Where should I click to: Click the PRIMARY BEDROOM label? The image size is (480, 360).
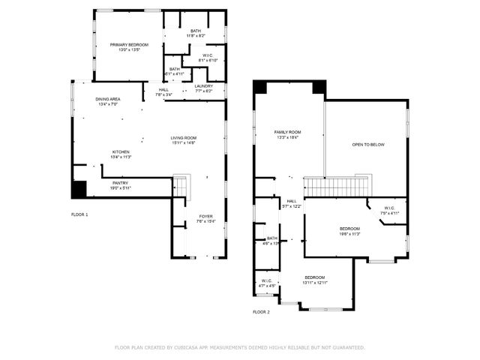(129, 45)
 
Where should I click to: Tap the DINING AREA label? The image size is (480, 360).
(107, 99)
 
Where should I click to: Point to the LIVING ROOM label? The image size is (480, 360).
(183, 138)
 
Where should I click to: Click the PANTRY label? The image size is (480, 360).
(120, 183)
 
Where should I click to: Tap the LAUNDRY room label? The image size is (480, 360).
(204, 86)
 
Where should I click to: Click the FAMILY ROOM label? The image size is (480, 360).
(287, 132)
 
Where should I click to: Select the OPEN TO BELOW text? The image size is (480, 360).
(368, 145)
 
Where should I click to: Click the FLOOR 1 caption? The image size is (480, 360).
(79, 214)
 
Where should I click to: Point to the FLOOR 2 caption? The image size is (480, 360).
(261, 311)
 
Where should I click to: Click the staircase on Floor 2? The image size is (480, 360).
(337, 186)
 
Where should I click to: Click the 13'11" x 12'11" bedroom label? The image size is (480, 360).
(315, 277)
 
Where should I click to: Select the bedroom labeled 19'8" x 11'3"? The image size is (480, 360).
(349, 229)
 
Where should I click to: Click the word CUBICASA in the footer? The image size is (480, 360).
(192, 347)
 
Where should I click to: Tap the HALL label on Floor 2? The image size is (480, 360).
(291, 201)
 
